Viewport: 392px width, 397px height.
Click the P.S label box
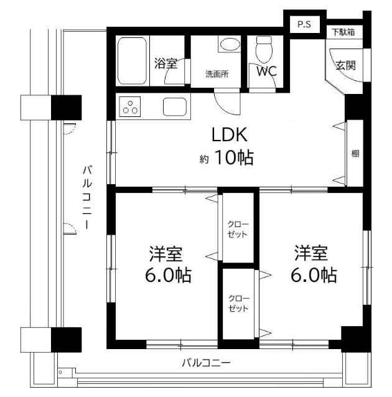pos(304,25)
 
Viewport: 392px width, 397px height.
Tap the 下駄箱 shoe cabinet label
pos(343,32)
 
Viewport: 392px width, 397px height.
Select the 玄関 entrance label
pos(345,65)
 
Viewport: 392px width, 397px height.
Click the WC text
pos(267,71)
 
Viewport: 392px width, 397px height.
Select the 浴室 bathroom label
pos(166,63)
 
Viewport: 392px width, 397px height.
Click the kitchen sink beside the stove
pos(175,106)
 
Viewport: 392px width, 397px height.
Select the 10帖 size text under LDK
pos(234,158)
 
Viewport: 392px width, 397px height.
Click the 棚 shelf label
pos(355,154)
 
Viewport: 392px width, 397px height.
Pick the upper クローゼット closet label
pos(238,228)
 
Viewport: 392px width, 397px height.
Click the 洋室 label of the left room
pos(166,254)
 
